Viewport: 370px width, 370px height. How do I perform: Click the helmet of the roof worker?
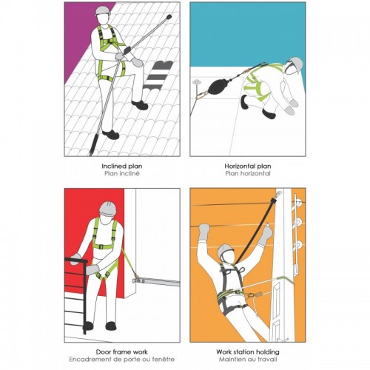(104, 10)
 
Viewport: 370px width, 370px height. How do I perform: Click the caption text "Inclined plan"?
(122, 166)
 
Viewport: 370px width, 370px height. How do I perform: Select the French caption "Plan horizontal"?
(248, 173)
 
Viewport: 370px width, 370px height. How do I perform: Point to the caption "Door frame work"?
(122, 351)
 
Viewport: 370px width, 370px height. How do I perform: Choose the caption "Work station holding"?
(248, 351)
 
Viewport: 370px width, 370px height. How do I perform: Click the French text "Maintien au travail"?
(248, 359)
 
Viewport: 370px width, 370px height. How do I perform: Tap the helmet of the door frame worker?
(108, 209)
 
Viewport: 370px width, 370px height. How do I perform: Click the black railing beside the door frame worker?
(76, 294)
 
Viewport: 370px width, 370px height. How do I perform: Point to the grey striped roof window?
(158, 75)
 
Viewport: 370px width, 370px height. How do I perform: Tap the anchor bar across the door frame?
(156, 282)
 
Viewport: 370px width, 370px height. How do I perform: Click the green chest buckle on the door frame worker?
(101, 246)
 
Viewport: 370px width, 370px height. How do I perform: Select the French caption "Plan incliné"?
(122, 173)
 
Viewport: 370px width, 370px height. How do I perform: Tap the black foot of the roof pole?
(93, 147)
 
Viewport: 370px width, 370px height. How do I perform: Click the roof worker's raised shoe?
(140, 105)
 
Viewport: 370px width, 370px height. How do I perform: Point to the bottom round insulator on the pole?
(298, 244)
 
